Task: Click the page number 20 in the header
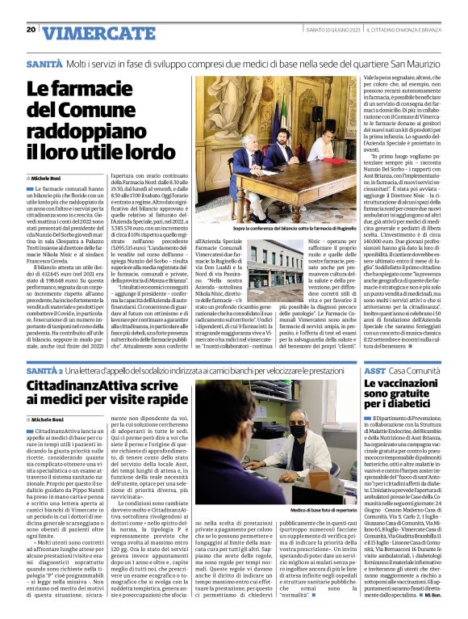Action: [31, 30]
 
